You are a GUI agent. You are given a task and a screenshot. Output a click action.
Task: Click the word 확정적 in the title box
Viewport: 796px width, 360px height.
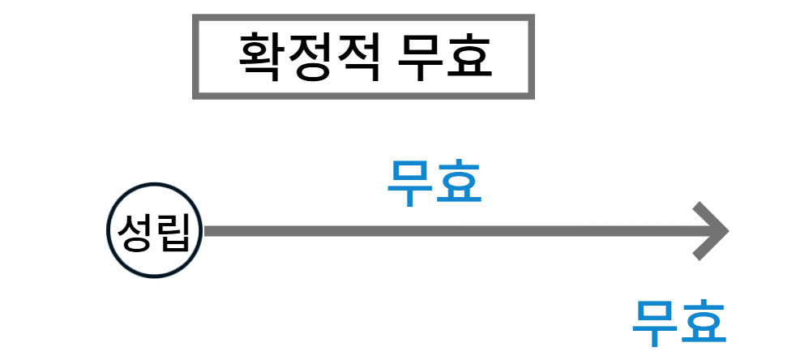309,56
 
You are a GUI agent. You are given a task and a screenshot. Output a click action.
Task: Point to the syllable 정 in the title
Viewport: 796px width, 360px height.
310,56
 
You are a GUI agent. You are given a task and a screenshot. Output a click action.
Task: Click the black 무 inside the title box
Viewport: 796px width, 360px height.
422,56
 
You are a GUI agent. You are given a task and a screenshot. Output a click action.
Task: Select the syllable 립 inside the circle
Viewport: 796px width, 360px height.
174,232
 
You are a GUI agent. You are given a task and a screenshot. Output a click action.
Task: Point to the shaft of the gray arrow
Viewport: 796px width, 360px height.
446,231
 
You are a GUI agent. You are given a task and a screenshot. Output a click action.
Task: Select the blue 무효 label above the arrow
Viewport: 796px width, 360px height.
434,183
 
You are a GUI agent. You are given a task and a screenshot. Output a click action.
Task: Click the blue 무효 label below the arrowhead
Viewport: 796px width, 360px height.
679,323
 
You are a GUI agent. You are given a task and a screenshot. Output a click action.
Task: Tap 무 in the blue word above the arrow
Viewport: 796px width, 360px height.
410,183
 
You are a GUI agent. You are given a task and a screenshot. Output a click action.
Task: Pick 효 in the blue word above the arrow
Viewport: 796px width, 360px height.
459,183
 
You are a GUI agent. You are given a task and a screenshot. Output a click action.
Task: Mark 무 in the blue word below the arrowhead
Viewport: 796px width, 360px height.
655,323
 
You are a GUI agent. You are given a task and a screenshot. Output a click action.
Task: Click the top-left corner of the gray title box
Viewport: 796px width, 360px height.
195,17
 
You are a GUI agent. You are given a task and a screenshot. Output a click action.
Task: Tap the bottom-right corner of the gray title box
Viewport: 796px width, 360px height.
532,96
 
